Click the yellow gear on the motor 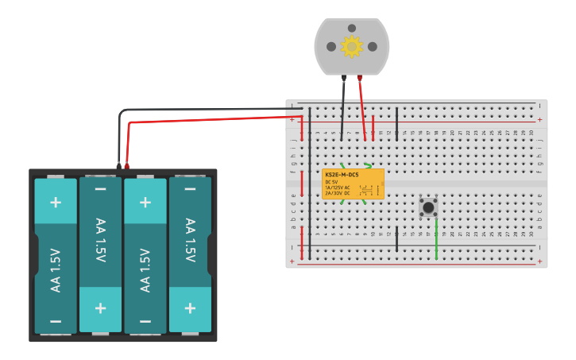[351, 46]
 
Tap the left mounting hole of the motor [331, 47]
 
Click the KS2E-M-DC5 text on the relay [342, 174]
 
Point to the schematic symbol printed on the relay [366, 190]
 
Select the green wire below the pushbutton [436, 238]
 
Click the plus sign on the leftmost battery [56, 201]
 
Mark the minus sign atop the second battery [100, 189]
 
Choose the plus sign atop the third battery [145, 201]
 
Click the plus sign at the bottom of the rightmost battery [190, 308]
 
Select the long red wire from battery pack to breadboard [207, 119]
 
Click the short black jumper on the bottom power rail [397, 238]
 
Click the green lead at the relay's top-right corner [368, 166]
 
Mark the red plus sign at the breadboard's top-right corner [540, 119]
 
